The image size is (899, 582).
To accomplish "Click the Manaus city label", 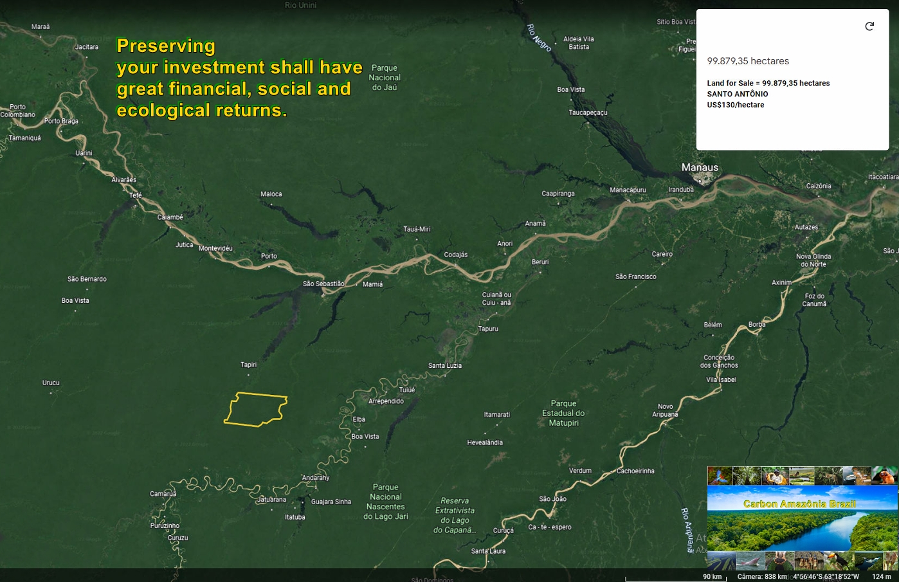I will click(700, 167).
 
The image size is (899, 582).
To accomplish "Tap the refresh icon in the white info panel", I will click(869, 26).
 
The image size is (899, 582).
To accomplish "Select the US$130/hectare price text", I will click(736, 105).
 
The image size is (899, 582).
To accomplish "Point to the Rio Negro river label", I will click(539, 37).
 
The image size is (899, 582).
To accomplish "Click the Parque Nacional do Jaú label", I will click(385, 77).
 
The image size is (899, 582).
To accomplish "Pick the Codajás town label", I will click(455, 255).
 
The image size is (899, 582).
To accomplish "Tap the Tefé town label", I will click(135, 196).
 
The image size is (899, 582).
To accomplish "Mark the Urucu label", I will click(51, 383).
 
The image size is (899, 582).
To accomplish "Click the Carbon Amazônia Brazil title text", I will click(799, 504).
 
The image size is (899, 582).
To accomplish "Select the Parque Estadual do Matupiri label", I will click(563, 414).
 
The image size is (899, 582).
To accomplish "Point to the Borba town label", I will click(757, 324).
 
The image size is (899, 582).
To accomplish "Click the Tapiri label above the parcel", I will click(248, 365).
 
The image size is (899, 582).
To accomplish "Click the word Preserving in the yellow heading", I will click(166, 46).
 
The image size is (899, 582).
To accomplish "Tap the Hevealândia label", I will click(485, 442).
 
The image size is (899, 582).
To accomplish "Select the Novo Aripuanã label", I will click(665, 410).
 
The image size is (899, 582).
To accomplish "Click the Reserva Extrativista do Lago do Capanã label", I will click(455, 515).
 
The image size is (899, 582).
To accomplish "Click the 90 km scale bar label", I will click(712, 576).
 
